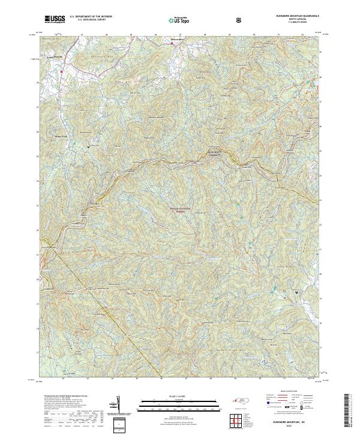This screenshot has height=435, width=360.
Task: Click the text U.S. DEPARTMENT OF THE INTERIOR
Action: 91,17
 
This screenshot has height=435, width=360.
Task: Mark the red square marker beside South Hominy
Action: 61,72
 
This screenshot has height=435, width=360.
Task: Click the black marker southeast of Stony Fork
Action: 88,146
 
